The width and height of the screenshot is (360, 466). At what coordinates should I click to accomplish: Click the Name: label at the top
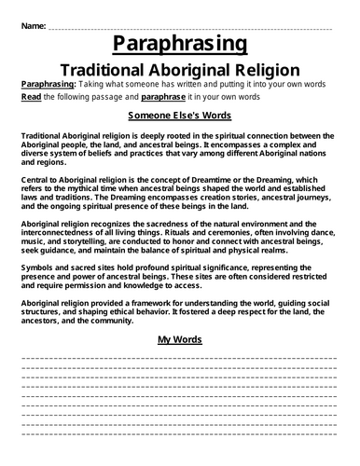click(x=30, y=27)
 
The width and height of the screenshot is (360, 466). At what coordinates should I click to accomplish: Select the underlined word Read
click(x=30, y=97)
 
